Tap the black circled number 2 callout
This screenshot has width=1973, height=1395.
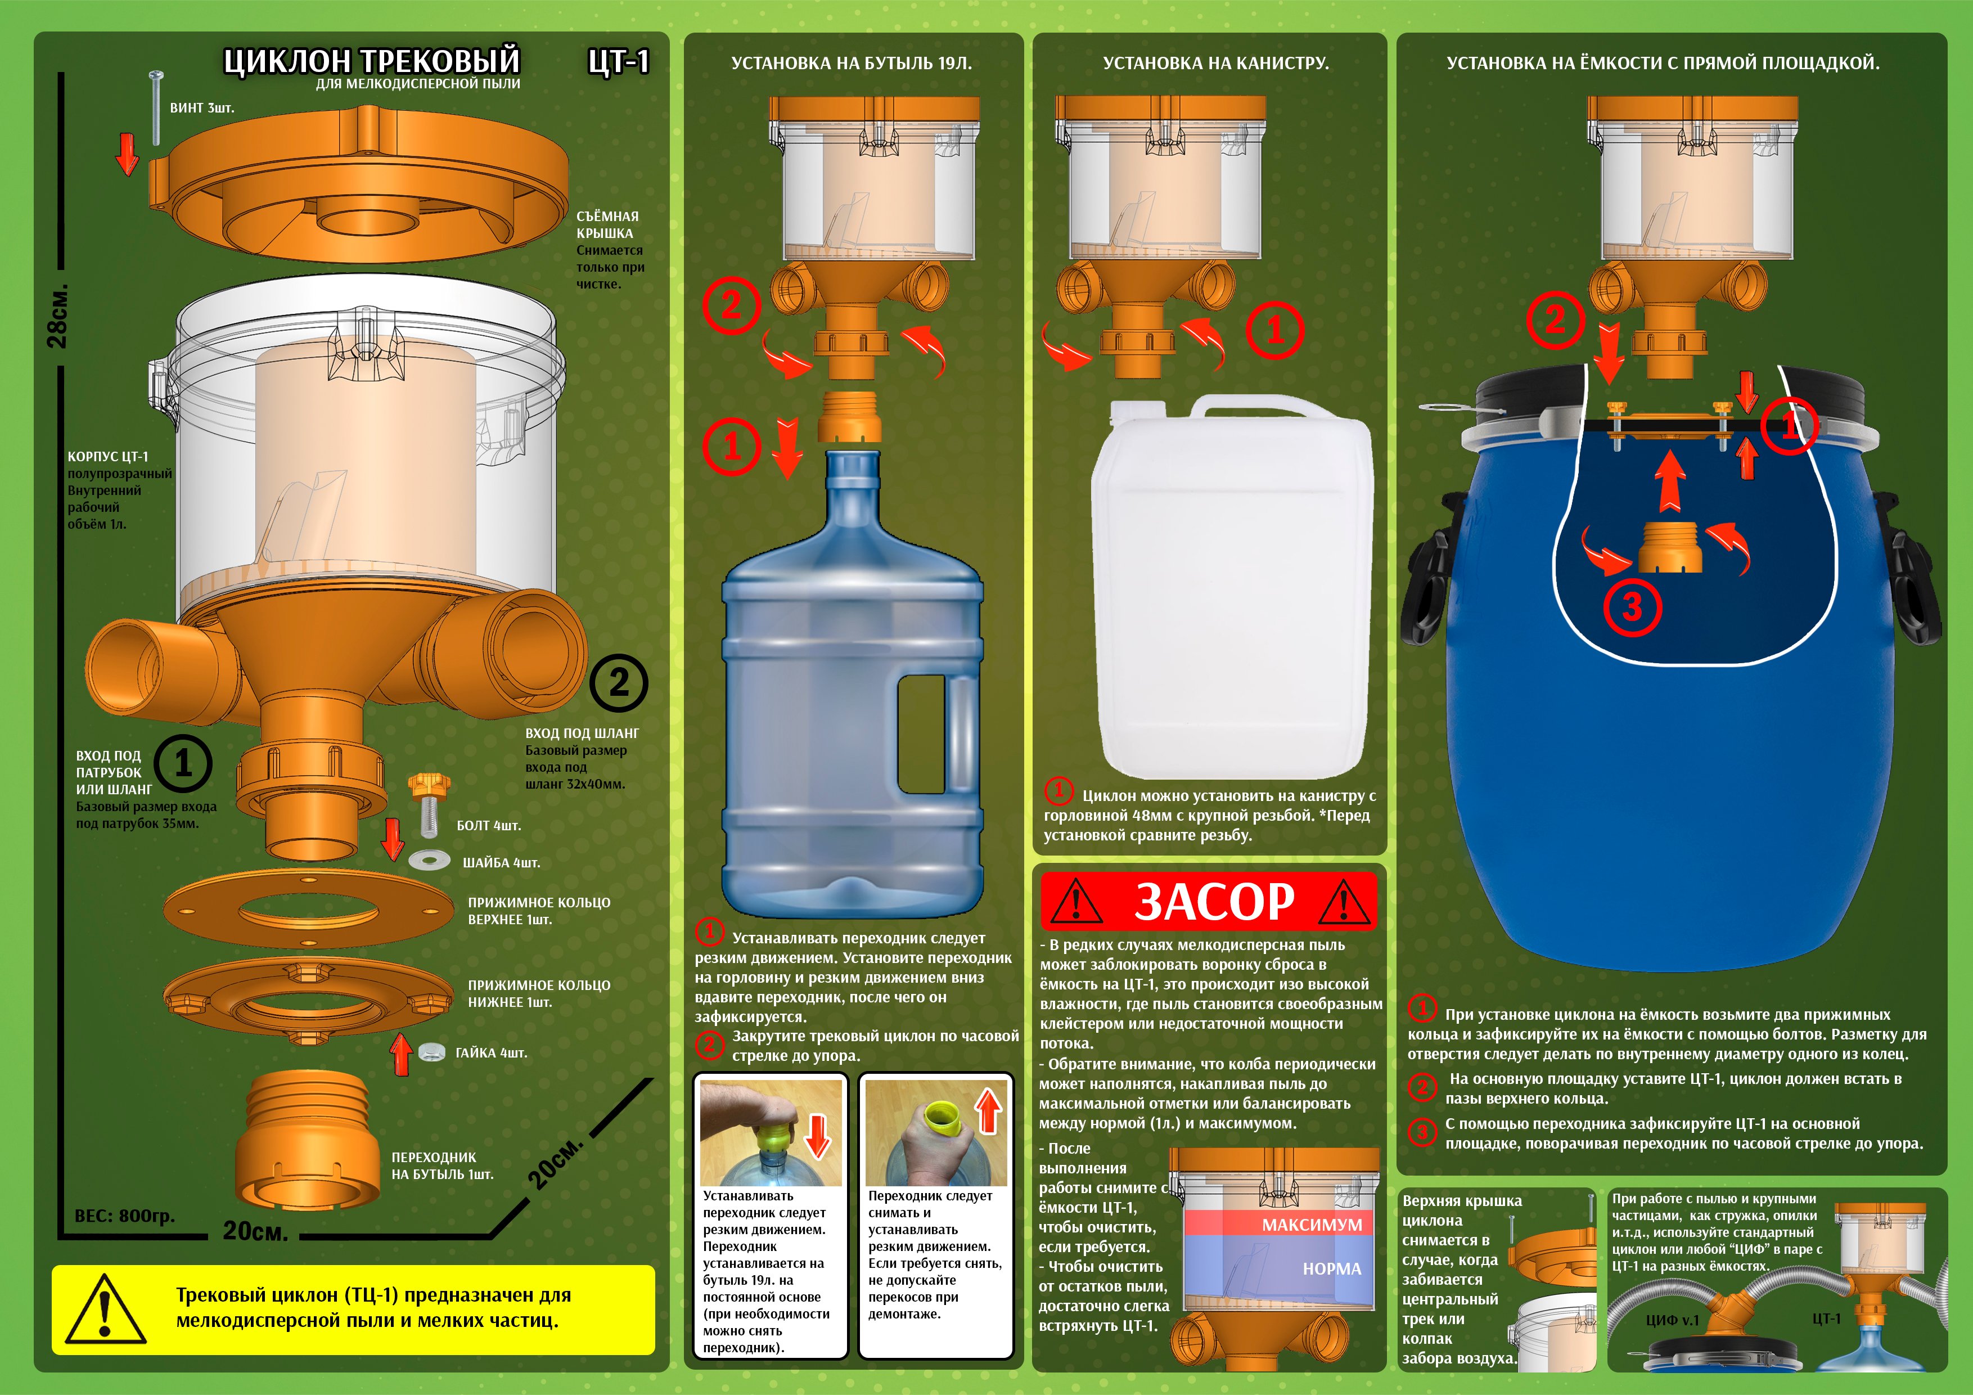619,683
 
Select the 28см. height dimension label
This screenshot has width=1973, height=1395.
57,316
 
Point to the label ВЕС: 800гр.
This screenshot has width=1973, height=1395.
125,1216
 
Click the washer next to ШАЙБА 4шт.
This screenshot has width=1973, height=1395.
430,859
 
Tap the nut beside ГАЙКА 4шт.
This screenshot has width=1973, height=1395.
431,1050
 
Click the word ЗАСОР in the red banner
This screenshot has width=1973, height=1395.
1214,901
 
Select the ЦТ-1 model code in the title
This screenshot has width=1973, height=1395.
619,61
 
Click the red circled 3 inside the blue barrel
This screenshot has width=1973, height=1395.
1632,607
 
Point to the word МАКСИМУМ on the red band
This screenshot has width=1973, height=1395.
1312,1225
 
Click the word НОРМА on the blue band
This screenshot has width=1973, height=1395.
1332,1268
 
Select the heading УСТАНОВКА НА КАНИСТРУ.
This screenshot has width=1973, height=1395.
1216,63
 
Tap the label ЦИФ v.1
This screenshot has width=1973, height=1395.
1672,1320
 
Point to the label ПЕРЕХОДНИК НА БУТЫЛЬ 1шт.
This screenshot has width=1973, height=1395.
443,1165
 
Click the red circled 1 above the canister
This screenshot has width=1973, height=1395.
1274,330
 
